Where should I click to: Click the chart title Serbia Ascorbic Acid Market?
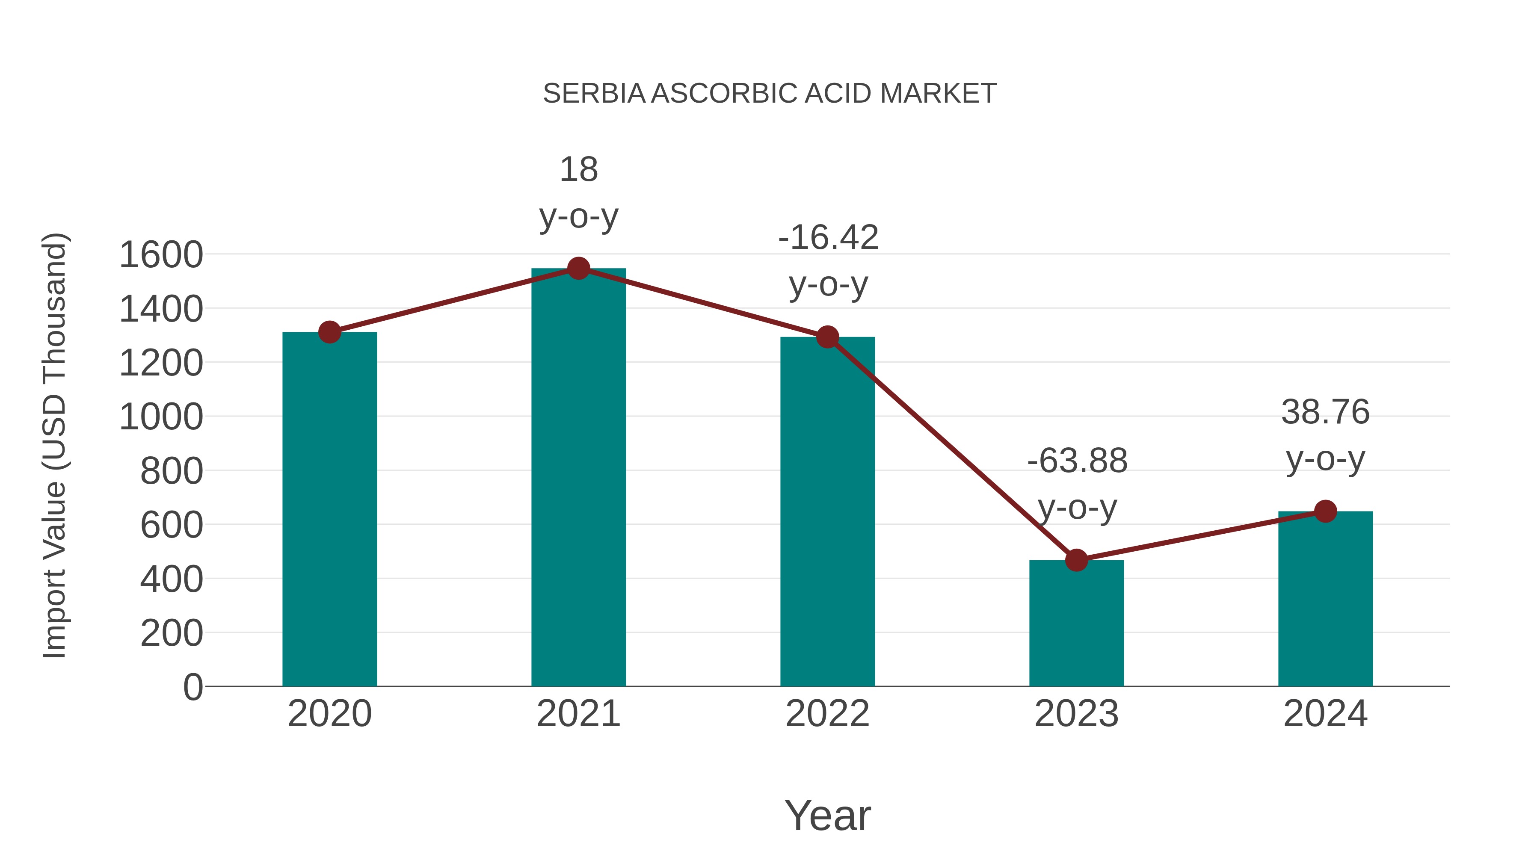[770, 94]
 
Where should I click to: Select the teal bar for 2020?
[329, 508]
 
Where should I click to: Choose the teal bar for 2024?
[1325, 598]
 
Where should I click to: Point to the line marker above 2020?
[329, 332]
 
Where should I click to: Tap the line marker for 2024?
[1325, 511]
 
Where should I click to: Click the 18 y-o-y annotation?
[578, 192]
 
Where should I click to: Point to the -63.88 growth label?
[1077, 484]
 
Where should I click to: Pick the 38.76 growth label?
[1325, 435]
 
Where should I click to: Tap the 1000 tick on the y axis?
[161, 417]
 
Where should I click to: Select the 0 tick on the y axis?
[192, 687]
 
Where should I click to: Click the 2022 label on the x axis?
[827, 714]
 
